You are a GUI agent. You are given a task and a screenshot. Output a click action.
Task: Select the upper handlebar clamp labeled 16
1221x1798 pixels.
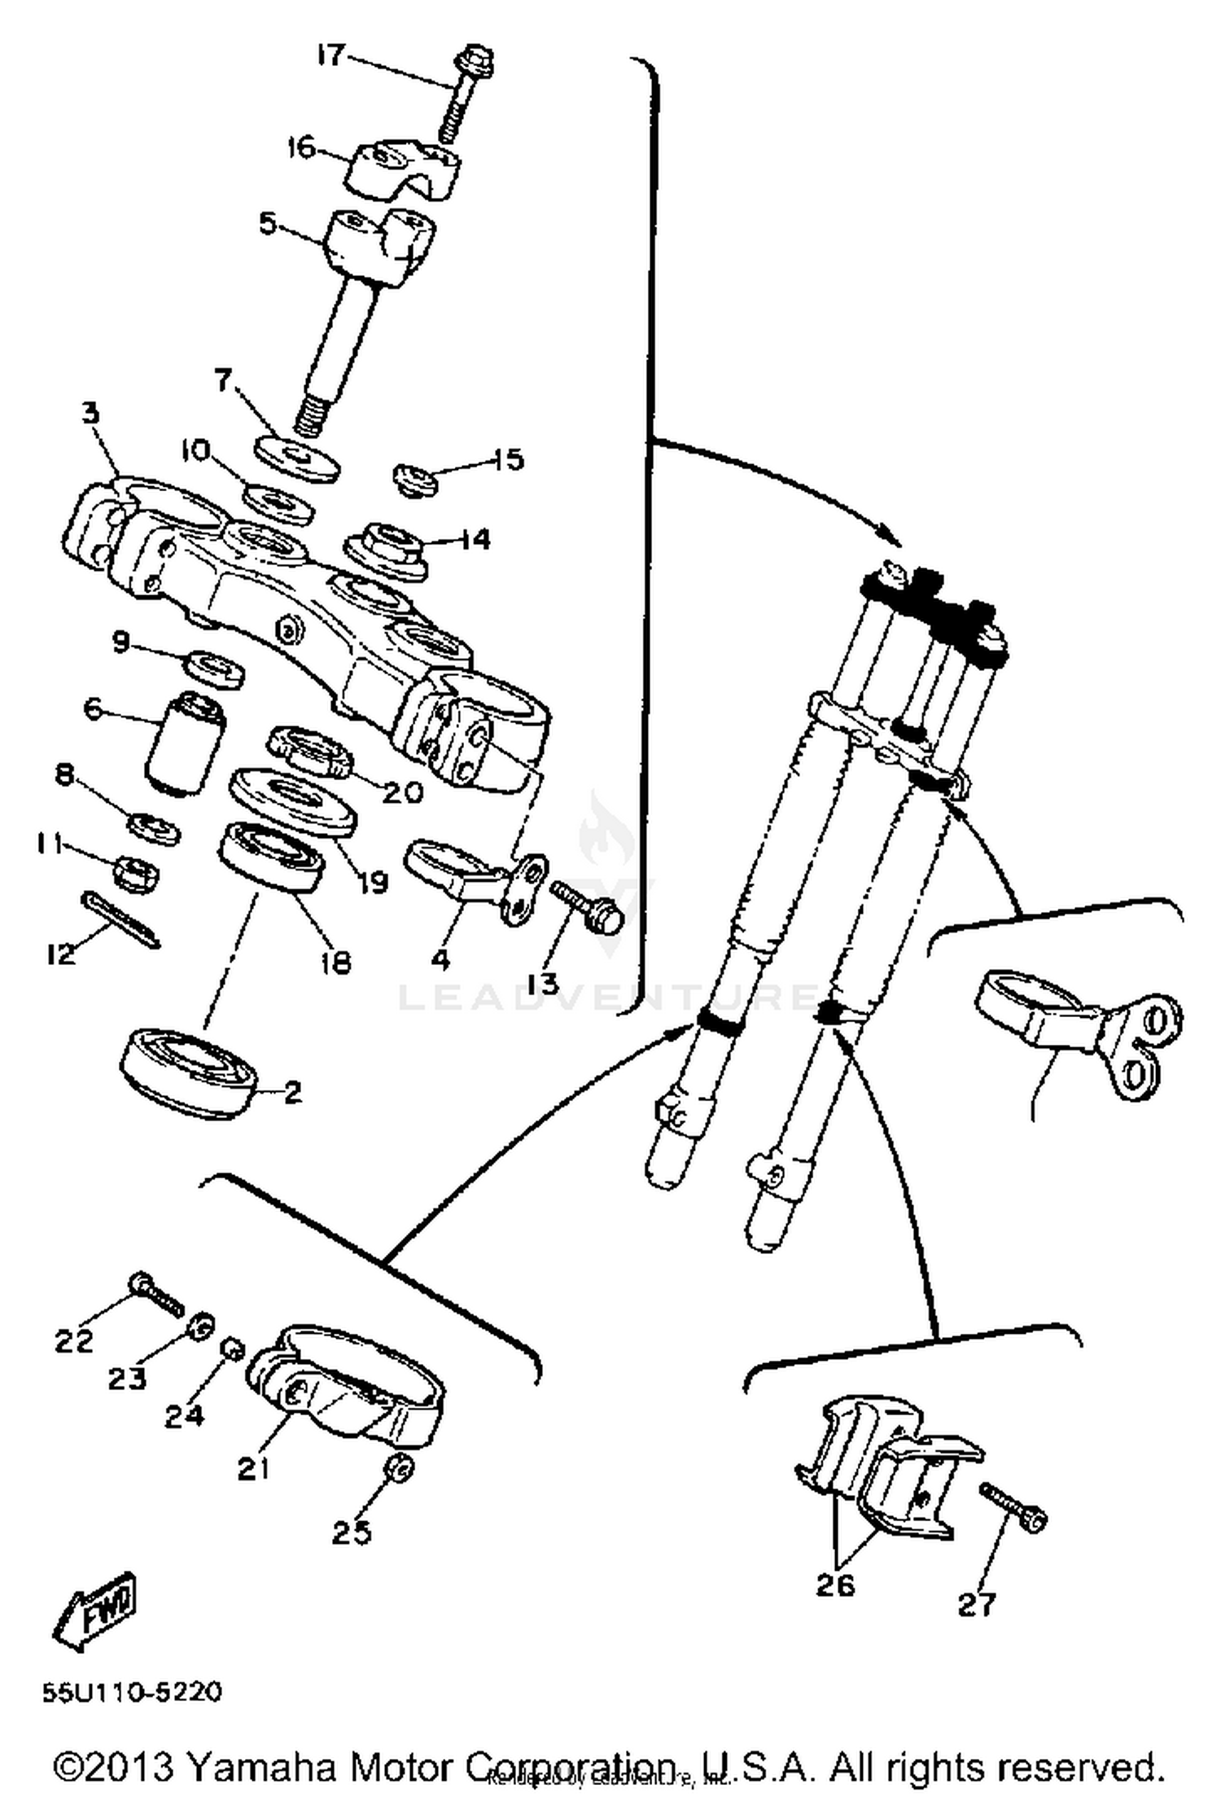(403, 169)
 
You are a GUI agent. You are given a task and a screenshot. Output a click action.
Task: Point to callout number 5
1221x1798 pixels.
(269, 221)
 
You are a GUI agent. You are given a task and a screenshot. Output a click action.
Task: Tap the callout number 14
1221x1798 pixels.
(475, 539)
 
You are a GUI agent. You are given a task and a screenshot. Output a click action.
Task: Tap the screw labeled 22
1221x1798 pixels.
(157, 1295)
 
